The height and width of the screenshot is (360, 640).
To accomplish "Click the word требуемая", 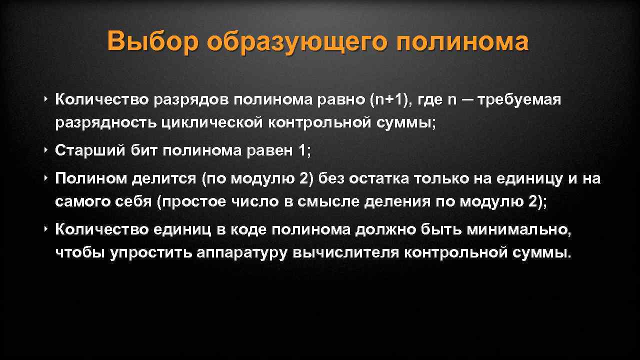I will (x=519, y=100).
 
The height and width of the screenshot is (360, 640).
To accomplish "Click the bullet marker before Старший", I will (x=45, y=150).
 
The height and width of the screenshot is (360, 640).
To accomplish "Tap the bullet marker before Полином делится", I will (x=45, y=178).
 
